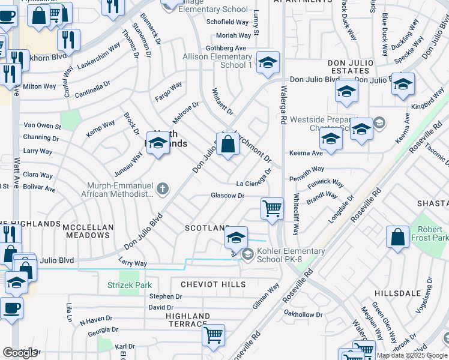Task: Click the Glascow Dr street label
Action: [228, 196]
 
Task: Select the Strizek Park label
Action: [130, 286]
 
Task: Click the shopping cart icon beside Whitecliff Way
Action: [273, 209]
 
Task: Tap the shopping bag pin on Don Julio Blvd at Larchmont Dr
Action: [228, 145]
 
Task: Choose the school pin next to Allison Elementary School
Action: [268, 62]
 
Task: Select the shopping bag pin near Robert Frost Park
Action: [397, 237]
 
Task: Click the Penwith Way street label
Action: [306, 169]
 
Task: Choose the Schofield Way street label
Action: [228, 22]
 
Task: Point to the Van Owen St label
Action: [42, 126]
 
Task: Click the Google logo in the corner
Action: [20, 353]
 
